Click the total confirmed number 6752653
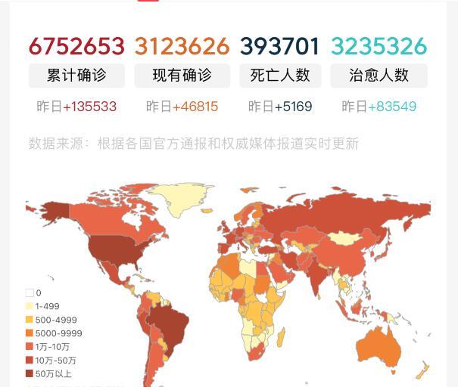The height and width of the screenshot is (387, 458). [x=76, y=47]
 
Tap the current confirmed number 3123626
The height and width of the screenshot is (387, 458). [x=182, y=47]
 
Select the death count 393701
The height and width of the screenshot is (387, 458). [x=280, y=47]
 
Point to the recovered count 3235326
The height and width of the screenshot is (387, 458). [x=379, y=47]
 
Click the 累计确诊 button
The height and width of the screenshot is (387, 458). [x=76, y=76]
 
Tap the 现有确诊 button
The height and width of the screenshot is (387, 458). [x=182, y=76]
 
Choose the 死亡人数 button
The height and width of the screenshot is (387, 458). [x=280, y=76]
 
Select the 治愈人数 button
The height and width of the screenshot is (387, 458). [x=379, y=76]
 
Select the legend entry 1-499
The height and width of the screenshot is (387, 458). [x=46, y=306]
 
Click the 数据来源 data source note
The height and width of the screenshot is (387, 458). [x=194, y=143]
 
